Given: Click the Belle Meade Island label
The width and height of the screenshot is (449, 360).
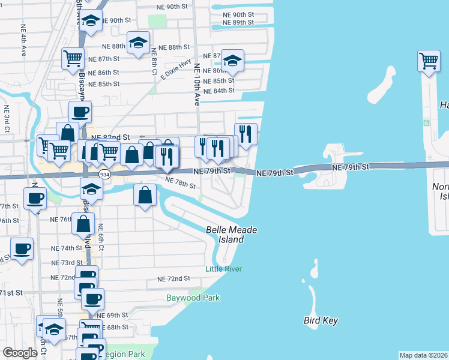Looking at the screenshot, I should (225, 235).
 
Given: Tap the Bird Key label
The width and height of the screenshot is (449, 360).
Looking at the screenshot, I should (321, 320).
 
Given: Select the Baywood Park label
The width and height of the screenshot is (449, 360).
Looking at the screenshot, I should (193, 298).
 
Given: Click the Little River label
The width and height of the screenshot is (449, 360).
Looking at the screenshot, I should (223, 269).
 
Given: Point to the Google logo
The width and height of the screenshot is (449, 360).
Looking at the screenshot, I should (20, 353).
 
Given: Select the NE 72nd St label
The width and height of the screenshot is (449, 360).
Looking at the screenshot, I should (173, 279).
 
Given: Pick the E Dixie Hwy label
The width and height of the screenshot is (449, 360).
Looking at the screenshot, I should (176, 68).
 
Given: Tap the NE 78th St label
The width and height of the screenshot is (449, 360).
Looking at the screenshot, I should (180, 183).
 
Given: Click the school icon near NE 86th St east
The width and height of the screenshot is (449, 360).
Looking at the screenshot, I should (232, 61).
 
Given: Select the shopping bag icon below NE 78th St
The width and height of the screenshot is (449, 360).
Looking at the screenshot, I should (145, 195).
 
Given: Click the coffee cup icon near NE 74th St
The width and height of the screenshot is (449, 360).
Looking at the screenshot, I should (22, 248).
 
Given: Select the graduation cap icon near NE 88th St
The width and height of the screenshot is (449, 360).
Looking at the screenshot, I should (139, 43).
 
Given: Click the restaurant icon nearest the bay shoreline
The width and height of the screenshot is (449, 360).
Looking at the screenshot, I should (246, 134).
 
